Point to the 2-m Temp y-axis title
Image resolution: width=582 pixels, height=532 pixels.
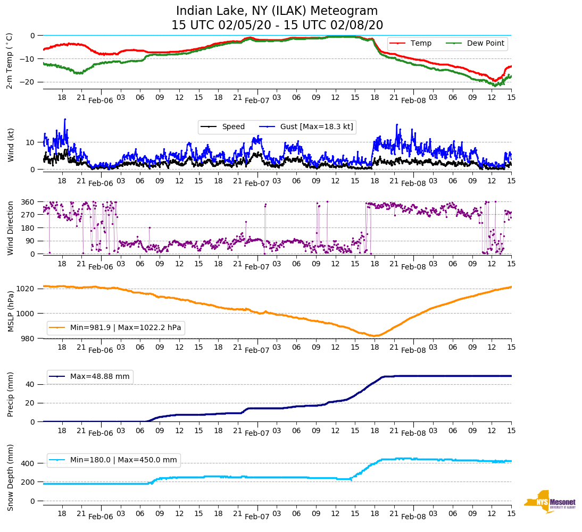click(10, 61)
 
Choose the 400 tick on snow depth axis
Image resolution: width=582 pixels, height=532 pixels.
click(30, 463)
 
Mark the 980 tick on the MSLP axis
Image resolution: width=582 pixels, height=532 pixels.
click(30, 339)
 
